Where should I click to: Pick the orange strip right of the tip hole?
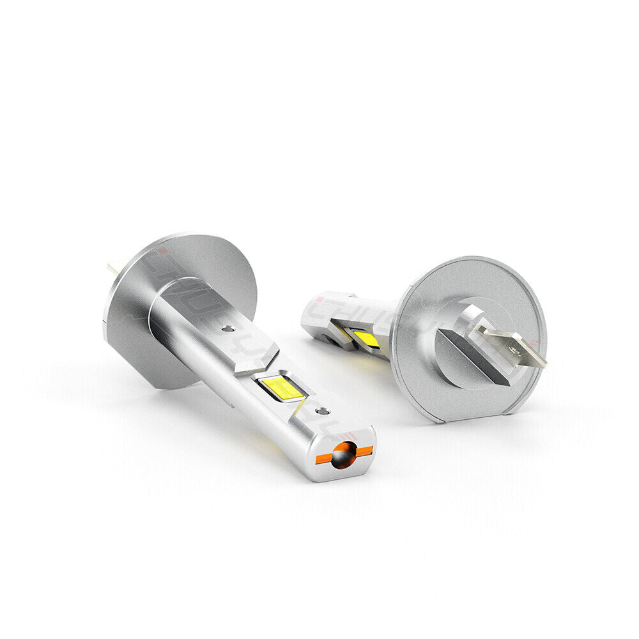coord(364,451)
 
